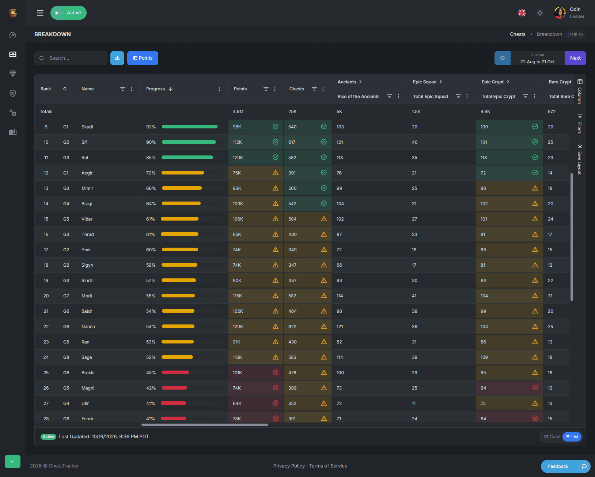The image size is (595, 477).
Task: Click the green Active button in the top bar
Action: click(x=68, y=13)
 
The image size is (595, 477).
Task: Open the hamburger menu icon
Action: click(x=40, y=13)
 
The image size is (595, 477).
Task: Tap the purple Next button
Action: click(x=575, y=58)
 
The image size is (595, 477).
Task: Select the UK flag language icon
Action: click(x=522, y=13)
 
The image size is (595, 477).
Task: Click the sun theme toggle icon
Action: click(x=540, y=13)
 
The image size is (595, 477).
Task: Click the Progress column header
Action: click(x=155, y=89)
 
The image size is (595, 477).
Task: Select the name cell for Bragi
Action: click(x=87, y=204)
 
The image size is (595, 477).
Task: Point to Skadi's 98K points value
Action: click(x=237, y=127)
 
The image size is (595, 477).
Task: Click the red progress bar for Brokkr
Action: click(x=175, y=372)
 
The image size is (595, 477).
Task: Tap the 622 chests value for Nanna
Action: click(x=292, y=327)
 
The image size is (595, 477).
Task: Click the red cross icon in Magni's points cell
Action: click(x=276, y=388)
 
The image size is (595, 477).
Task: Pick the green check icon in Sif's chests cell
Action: click(x=324, y=142)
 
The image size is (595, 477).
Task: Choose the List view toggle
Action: click(x=572, y=437)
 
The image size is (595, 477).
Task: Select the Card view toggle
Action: click(x=552, y=437)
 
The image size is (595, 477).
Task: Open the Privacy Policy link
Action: click(x=289, y=466)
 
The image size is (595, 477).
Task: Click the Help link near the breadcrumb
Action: click(x=575, y=34)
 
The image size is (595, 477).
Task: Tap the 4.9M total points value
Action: click(x=238, y=112)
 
